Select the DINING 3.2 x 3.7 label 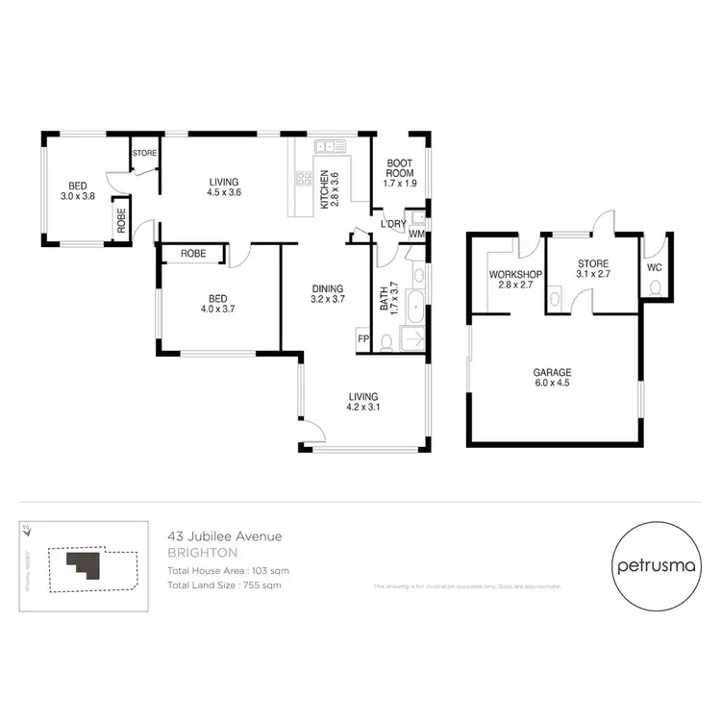coord(327,293)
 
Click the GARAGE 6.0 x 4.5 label coord(553,378)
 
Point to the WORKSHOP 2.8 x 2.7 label coord(516,279)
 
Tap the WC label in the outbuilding coord(654,267)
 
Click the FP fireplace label coord(363,338)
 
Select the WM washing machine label coord(416,233)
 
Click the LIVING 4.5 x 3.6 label coord(224,186)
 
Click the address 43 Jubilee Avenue coord(224,537)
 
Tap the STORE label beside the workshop coord(593,269)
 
